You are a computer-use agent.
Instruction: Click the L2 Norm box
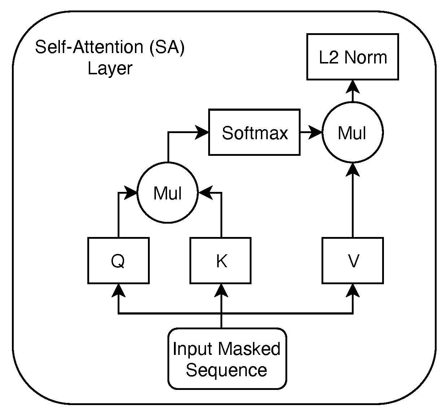[x=353, y=57]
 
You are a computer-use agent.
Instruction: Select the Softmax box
[x=254, y=132]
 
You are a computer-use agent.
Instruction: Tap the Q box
[x=118, y=260]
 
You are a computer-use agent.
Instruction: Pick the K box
[x=221, y=260]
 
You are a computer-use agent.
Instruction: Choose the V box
[x=353, y=260]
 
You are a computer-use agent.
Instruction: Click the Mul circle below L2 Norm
[x=353, y=133]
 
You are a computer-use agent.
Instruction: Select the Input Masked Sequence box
[x=227, y=359]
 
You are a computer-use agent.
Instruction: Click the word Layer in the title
[x=110, y=68]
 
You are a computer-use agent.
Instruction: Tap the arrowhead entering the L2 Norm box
[x=353, y=85]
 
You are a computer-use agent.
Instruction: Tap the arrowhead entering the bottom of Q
[x=118, y=290]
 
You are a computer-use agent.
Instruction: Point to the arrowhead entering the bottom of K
[x=221, y=290]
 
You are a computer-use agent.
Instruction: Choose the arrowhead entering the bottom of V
[x=353, y=290]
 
